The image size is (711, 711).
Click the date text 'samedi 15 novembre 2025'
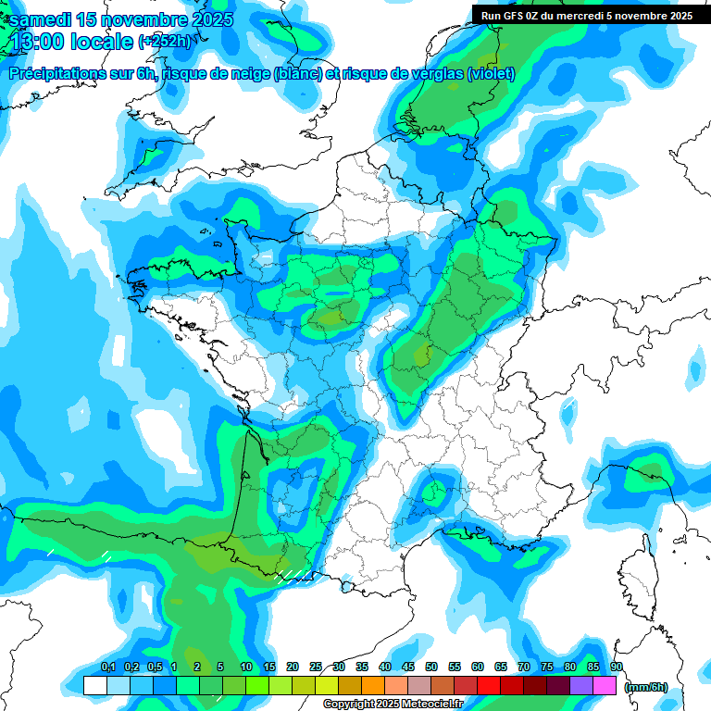click(x=121, y=19)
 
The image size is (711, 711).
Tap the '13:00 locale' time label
click(x=70, y=41)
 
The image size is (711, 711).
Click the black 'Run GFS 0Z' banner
click(x=586, y=15)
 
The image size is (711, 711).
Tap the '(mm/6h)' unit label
click(x=645, y=687)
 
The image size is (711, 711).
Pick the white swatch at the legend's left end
click(x=94, y=686)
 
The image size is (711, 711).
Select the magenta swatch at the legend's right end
click(x=605, y=686)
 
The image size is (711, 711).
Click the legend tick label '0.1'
click(x=108, y=667)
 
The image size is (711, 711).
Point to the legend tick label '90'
click(x=617, y=667)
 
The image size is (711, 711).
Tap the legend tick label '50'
click(x=431, y=667)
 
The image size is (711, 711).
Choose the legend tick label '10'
click(x=246, y=667)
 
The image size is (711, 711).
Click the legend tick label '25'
click(x=316, y=667)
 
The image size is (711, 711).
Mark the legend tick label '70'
click(x=524, y=667)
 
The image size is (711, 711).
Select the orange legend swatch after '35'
click(x=373, y=686)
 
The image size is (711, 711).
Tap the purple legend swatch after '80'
click(x=581, y=686)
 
